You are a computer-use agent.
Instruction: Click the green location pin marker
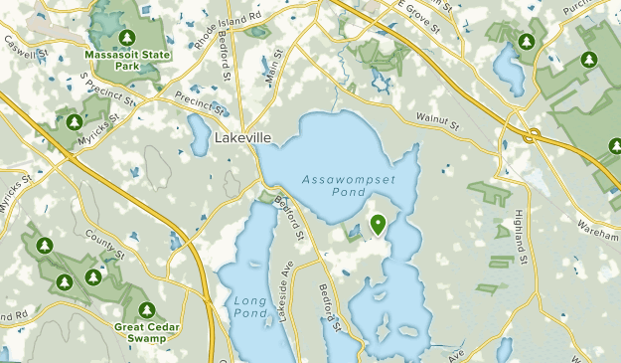[378, 227]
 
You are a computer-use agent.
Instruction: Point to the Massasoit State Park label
[126, 60]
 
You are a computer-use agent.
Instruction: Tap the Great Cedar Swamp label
[147, 332]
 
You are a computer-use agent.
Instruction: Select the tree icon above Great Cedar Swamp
[147, 309]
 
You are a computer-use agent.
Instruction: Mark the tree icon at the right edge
[612, 147]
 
